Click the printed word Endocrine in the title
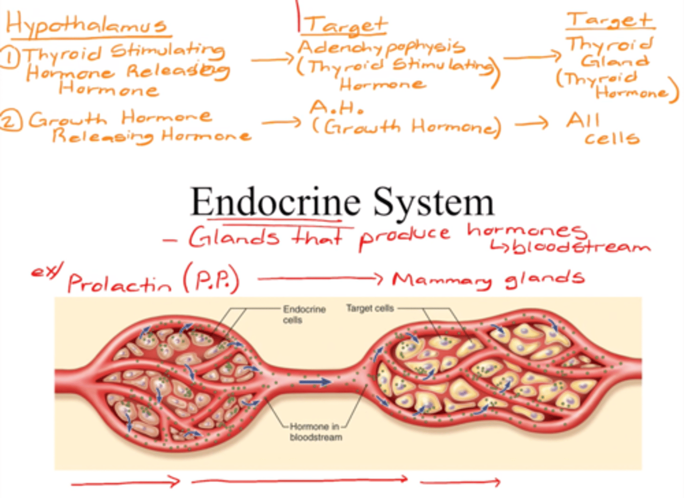(275, 202)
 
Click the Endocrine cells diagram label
(304, 315)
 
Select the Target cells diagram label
(370, 308)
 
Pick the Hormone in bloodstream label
(315, 431)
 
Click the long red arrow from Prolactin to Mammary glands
(320, 278)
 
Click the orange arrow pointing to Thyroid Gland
(532, 57)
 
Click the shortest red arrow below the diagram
(460, 483)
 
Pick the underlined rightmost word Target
(610, 20)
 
